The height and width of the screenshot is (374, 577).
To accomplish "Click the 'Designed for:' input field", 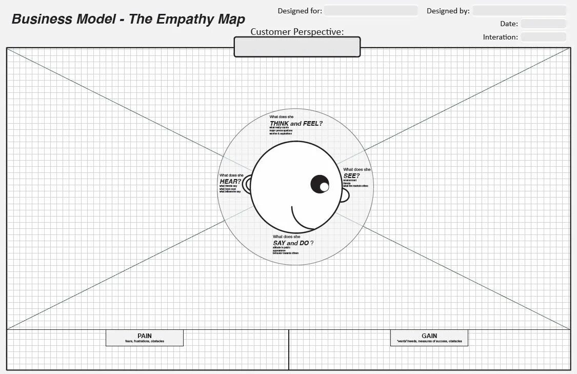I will pyautogui.click(x=370, y=11).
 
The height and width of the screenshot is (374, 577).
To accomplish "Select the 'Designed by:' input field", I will pyautogui.click(x=519, y=11).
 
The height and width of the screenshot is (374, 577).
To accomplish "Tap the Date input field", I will pyautogui.click(x=543, y=24).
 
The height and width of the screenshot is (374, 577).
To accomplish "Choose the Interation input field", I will pyautogui.click(x=543, y=37).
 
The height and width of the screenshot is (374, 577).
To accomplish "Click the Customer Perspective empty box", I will pyautogui.click(x=297, y=47).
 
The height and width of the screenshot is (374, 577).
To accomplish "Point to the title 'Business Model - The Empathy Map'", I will pyautogui.click(x=128, y=19).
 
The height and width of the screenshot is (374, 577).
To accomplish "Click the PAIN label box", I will pyautogui.click(x=144, y=338).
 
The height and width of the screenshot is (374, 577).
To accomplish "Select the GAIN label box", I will pyautogui.click(x=429, y=338).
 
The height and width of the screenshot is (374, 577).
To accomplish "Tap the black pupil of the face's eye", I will pyautogui.click(x=320, y=184).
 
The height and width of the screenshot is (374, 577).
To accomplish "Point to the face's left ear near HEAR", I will pyautogui.click(x=247, y=184).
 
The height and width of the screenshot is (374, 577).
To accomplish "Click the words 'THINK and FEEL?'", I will pyautogui.click(x=296, y=124).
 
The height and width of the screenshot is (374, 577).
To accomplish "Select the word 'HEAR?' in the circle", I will pyautogui.click(x=230, y=181).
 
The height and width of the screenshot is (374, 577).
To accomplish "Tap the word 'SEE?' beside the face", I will pyautogui.click(x=351, y=176).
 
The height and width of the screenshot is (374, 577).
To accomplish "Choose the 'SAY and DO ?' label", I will pyautogui.click(x=293, y=243).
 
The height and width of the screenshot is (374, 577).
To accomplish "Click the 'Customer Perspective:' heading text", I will pyautogui.click(x=297, y=32).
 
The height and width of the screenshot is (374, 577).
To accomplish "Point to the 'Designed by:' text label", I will pyautogui.click(x=448, y=11).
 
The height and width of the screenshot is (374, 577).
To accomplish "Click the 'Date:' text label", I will pyautogui.click(x=509, y=24).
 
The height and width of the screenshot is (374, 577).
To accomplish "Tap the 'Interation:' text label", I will pyautogui.click(x=500, y=37).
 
